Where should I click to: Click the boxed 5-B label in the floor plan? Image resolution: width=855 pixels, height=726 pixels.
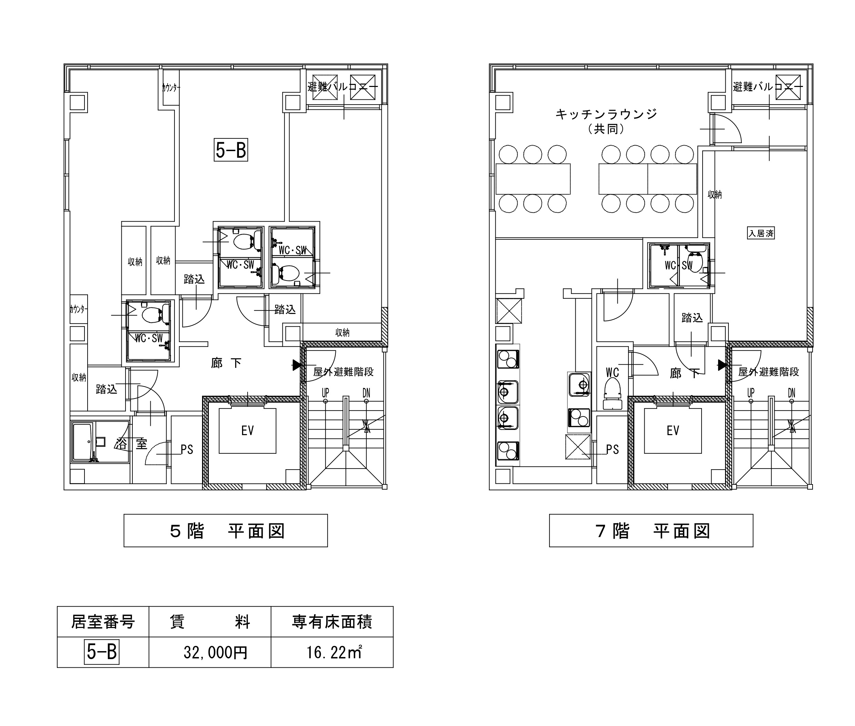[231, 150]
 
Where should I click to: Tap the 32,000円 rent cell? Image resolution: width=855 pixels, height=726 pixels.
[215, 652]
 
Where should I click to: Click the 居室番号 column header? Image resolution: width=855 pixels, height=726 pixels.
[103, 621]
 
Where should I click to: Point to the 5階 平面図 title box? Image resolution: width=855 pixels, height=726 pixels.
[225, 530]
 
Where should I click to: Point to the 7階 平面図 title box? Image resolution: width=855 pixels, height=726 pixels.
[651, 530]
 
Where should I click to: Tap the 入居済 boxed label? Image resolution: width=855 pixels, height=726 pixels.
[761, 233]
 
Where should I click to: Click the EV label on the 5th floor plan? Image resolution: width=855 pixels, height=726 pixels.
[248, 431]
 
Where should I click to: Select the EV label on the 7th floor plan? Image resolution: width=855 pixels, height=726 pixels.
[673, 431]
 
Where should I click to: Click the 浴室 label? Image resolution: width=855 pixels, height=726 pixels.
[131, 444]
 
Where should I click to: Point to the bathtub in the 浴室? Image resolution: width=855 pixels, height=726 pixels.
[84, 442]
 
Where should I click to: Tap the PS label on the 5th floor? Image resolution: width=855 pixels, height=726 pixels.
[187, 449]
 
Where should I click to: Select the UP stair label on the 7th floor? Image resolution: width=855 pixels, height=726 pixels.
[751, 393]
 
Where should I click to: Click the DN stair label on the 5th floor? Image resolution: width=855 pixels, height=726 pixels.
[366, 393]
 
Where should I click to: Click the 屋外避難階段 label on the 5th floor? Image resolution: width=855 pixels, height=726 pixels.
[343, 372]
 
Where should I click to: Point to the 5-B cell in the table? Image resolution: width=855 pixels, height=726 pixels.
[102, 652]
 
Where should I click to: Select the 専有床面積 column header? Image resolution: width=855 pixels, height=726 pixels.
[332, 622]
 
